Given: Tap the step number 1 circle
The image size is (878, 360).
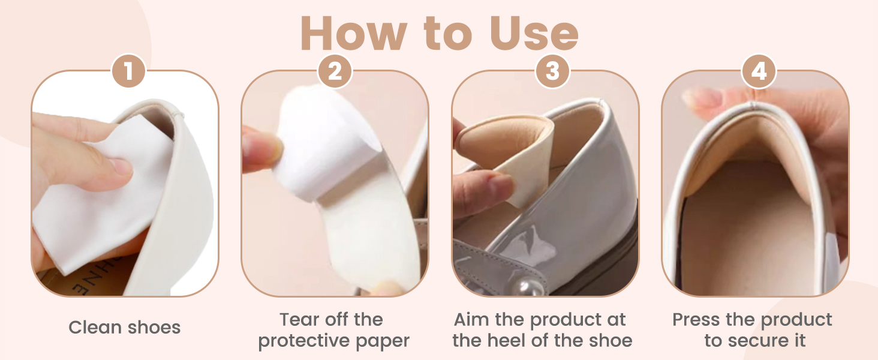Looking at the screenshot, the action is pyautogui.click(x=128, y=71).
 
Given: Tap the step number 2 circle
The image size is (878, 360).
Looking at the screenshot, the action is pyautogui.click(x=335, y=71).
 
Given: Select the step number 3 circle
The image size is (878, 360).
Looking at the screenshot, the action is pyautogui.click(x=553, y=71).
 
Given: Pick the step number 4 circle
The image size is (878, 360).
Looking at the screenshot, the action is pyautogui.click(x=759, y=71).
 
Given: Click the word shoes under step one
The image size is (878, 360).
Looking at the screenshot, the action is pyautogui.click(x=154, y=327).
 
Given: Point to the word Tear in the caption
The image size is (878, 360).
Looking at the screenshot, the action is pyautogui.click(x=298, y=319).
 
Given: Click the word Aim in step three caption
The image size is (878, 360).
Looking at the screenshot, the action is pyautogui.click(x=471, y=319).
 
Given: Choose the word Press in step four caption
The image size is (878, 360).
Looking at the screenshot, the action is pyautogui.click(x=696, y=319).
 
